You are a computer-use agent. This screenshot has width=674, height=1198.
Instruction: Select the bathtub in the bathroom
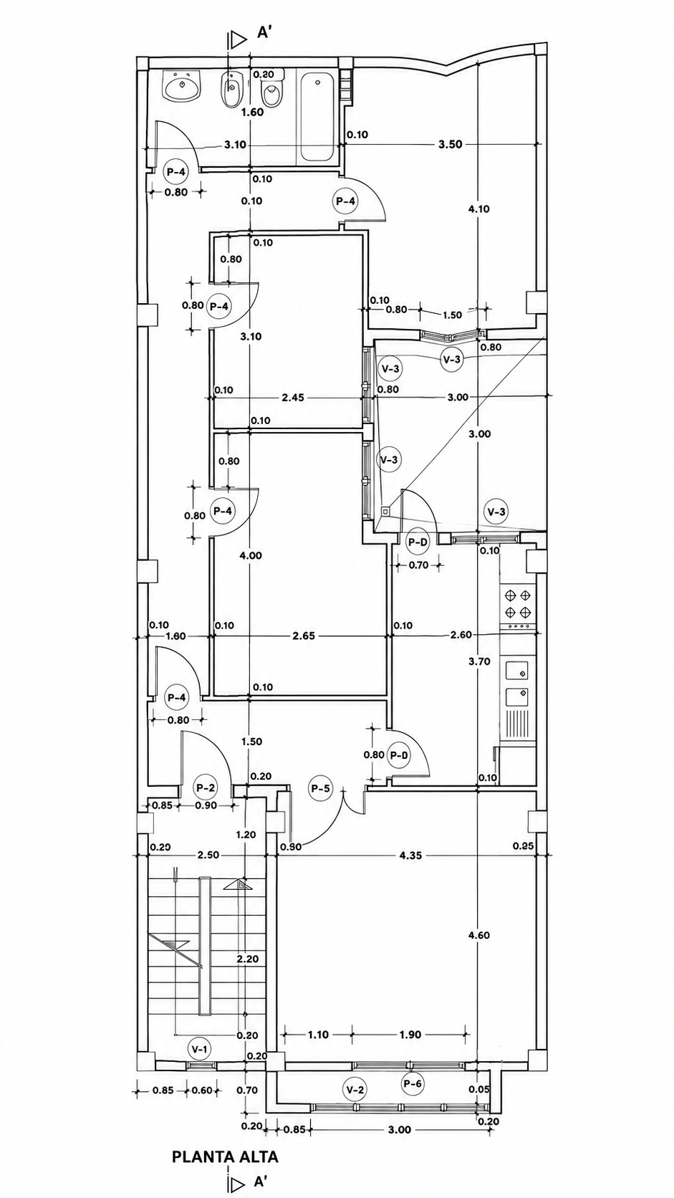pyautogui.click(x=317, y=116)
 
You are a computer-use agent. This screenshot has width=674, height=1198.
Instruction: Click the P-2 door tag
pyautogui.click(x=206, y=787)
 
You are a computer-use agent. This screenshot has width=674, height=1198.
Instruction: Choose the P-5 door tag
pyautogui.click(x=321, y=788)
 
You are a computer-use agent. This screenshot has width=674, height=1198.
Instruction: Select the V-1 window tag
pyautogui.click(x=199, y=1049)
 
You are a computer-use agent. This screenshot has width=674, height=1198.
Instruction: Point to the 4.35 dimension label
pyautogui.click(x=410, y=856)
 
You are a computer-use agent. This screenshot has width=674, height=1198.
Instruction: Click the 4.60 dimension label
pyautogui.click(x=479, y=936)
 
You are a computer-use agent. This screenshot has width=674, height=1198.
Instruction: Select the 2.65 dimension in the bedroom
pyautogui.click(x=304, y=636)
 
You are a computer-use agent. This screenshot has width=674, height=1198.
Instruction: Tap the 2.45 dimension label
pyautogui.click(x=292, y=398)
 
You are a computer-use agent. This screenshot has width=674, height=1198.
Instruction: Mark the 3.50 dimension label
pyautogui.click(x=450, y=144)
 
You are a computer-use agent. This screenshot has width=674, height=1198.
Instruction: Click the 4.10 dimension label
pyautogui.click(x=479, y=209)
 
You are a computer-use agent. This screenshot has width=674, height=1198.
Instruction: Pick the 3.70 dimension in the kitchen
pyautogui.click(x=479, y=661)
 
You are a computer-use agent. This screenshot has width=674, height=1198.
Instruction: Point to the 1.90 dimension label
pyautogui.click(x=410, y=1035)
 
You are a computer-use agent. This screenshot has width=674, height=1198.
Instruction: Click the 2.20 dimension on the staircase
pyautogui.click(x=247, y=959)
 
